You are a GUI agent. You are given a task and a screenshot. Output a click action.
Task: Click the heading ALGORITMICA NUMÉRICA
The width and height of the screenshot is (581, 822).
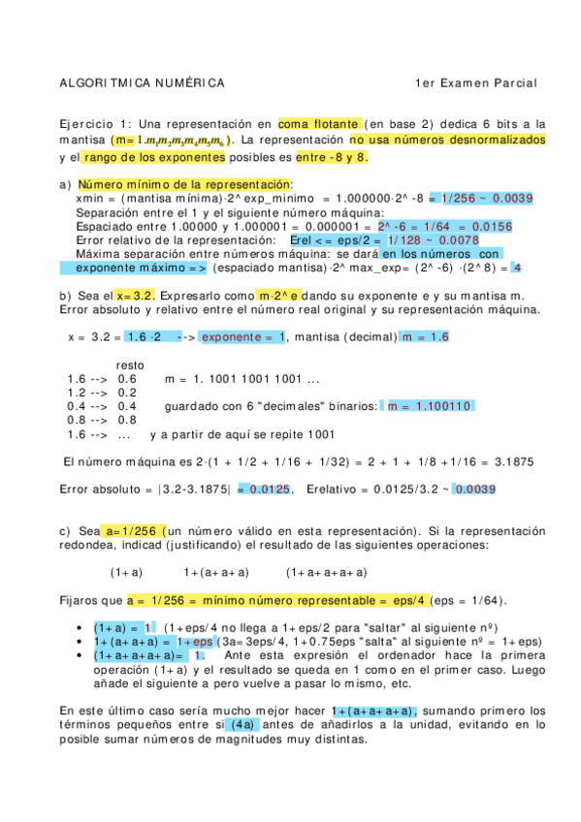tap(142, 83)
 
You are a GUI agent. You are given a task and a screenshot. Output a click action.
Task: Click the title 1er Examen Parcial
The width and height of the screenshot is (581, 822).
tap(474, 83)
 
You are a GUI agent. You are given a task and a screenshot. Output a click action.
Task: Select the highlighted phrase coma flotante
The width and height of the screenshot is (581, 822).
tap(319, 124)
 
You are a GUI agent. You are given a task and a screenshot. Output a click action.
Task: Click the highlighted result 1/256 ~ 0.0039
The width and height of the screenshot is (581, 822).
tap(481, 198)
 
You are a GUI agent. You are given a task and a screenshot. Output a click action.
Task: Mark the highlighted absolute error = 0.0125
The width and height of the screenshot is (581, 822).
tap(264, 490)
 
